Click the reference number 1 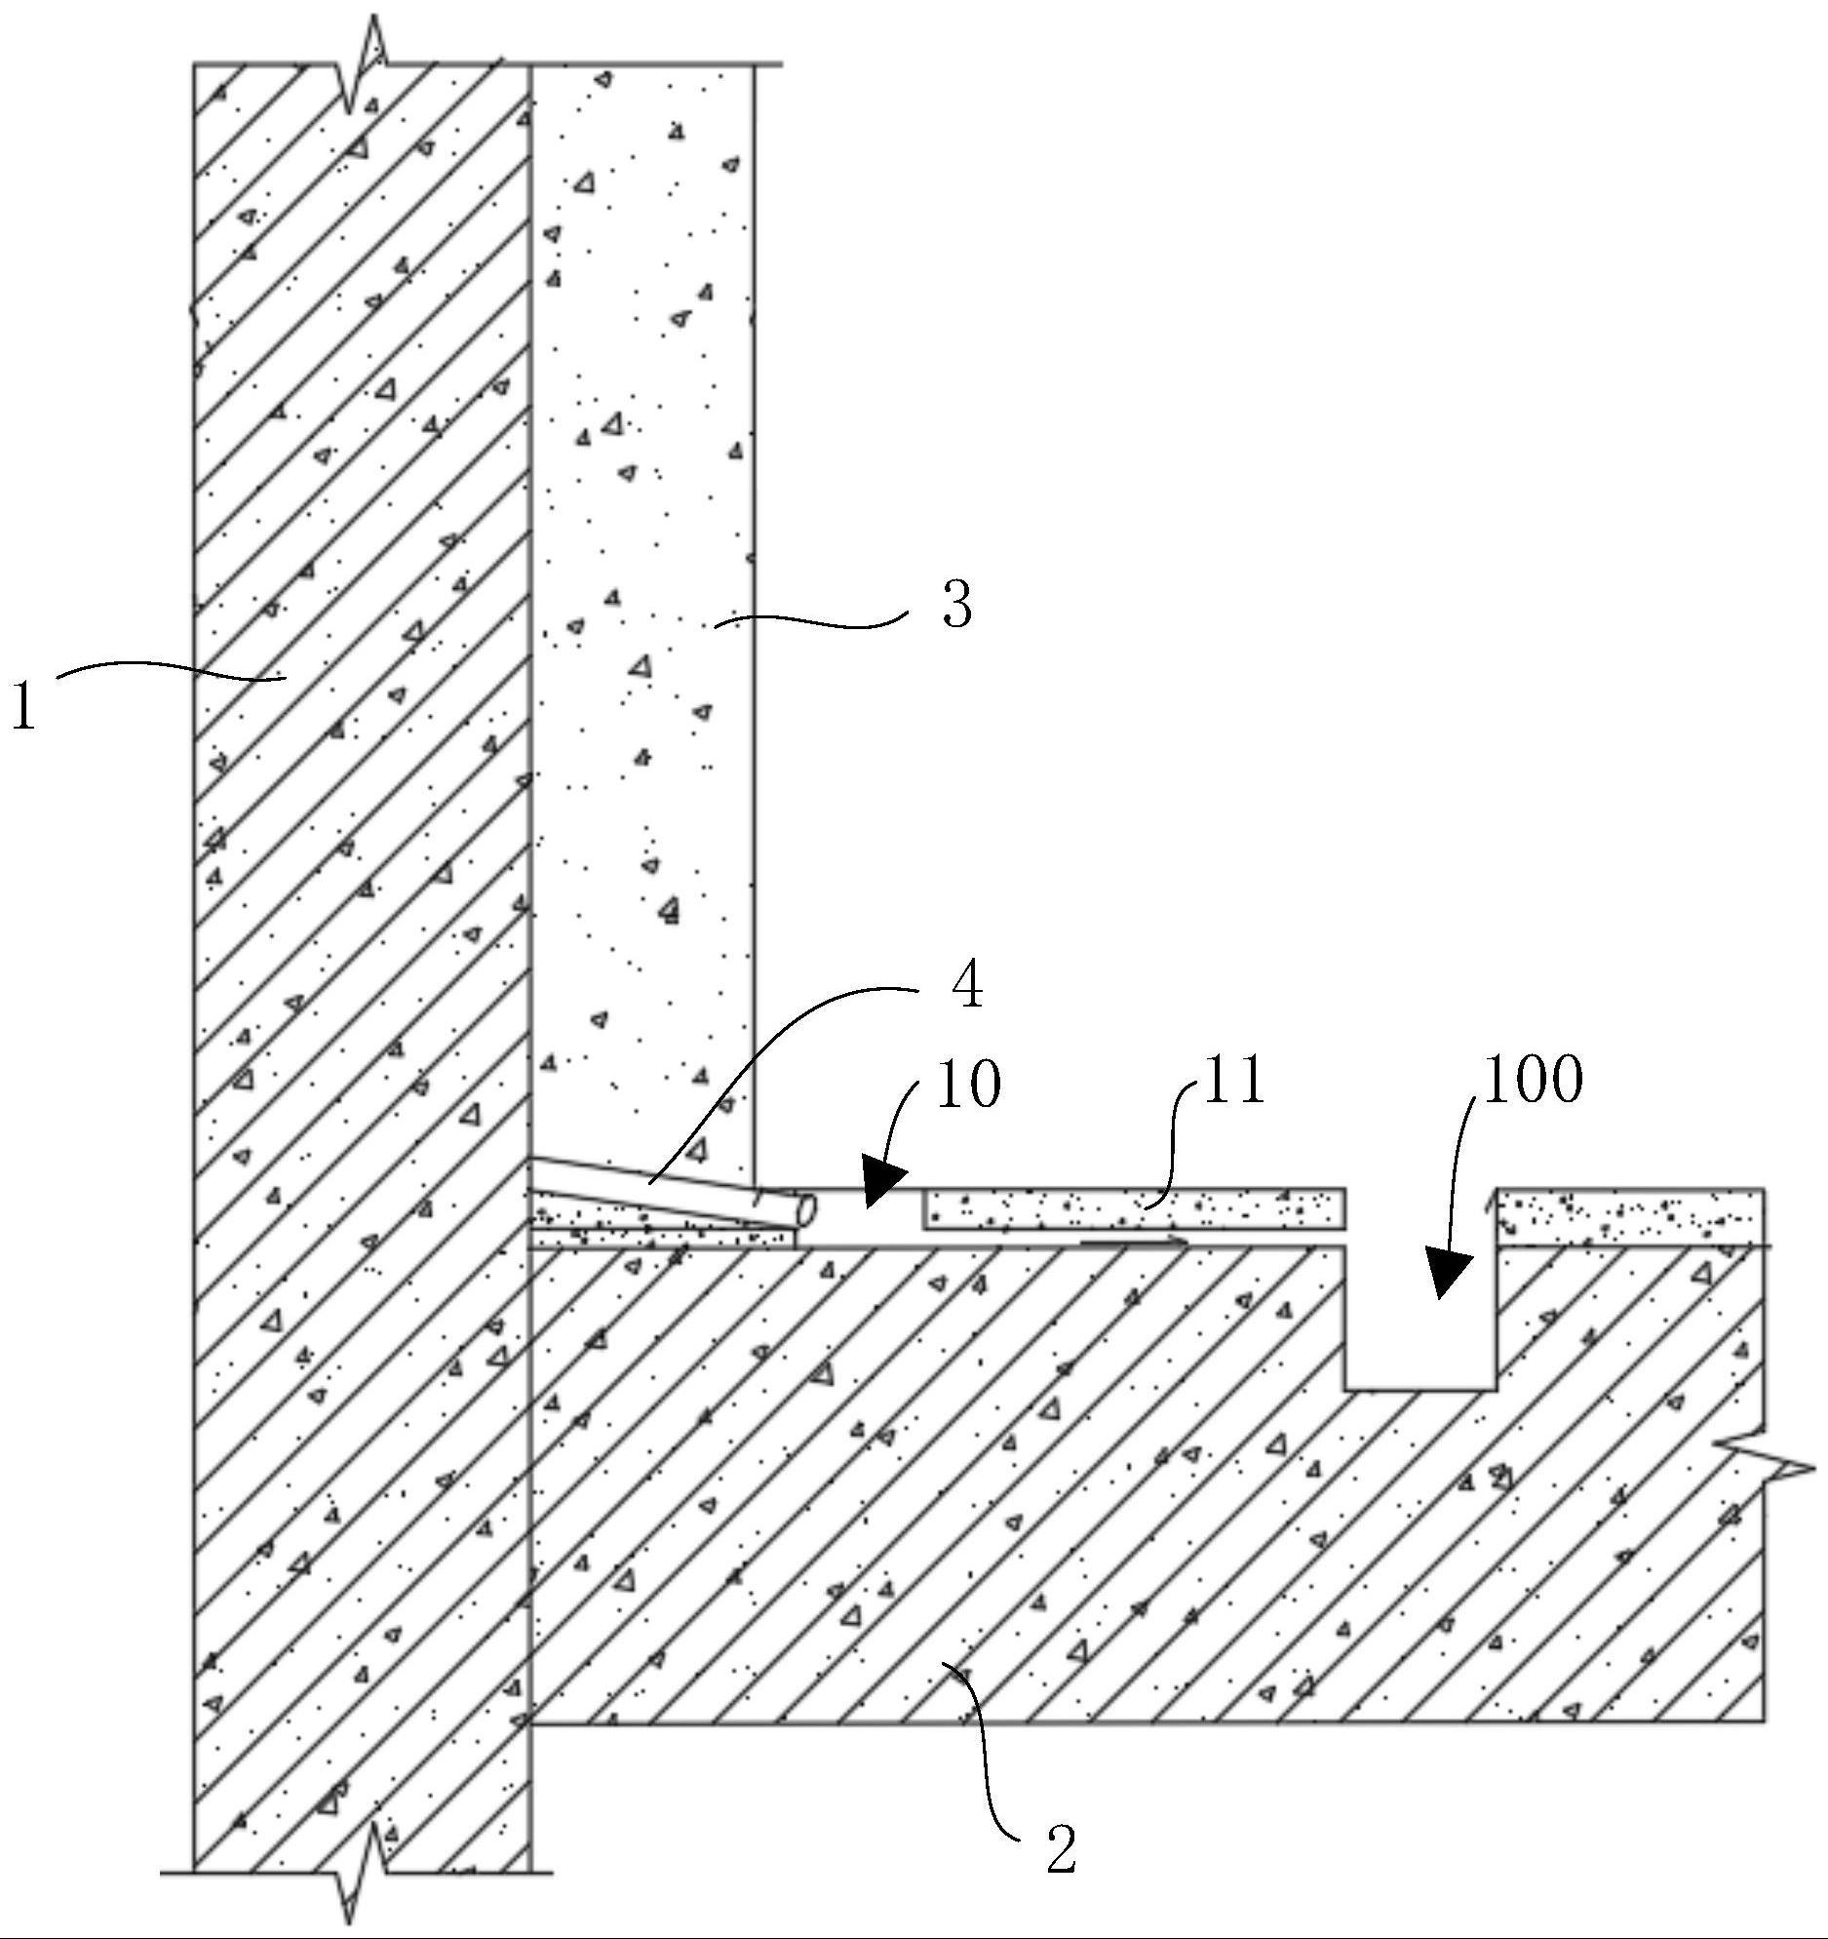[23, 705]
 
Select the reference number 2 [1061, 1848]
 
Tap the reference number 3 [957, 605]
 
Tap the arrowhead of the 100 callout [1449, 1272]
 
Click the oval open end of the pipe [806, 1210]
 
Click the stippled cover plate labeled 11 [1135, 1208]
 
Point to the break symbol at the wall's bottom [363, 1871]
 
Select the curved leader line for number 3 [811, 619]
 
